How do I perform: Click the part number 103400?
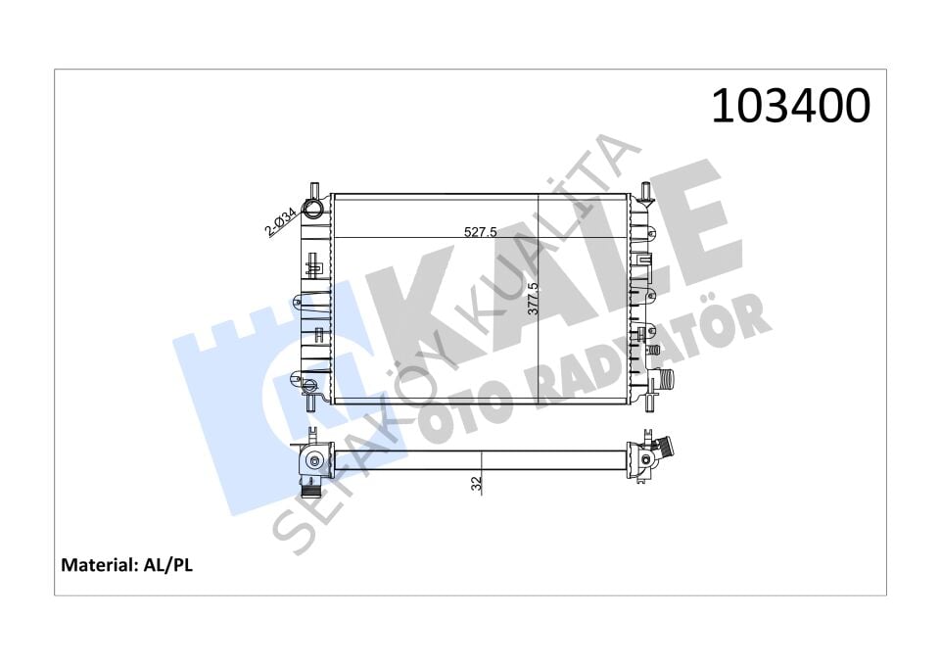click(x=791, y=106)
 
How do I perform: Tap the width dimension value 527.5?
click(x=481, y=231)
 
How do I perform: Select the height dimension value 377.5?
click(x=533, y=299)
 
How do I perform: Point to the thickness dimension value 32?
click(x=477, y=484)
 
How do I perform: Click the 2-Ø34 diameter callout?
click(x=281, y=220)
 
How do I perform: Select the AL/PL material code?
click(x=167, y=564)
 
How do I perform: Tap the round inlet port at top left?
click(x=313, y=209)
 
